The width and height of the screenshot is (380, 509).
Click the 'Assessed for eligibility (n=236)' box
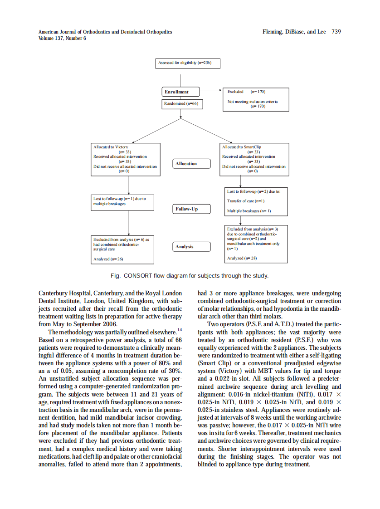(188, 63)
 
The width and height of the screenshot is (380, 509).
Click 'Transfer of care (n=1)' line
(246, 201)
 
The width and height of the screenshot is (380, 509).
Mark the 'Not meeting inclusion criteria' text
(253, 102)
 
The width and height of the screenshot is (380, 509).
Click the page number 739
(336, 32)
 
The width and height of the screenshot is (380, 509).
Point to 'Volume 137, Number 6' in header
(62, 38)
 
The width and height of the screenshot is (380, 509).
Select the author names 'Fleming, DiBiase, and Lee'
(295, 32)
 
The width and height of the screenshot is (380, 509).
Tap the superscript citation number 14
(180, 330)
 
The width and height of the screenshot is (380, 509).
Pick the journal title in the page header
(105, 32)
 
